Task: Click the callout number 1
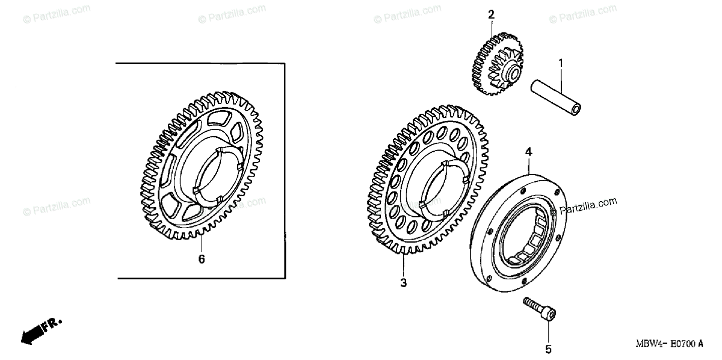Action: tap(561, 63)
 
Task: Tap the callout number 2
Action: tap(492, 14)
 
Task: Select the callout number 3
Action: tap(404, 282)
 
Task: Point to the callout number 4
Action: tap(528, 153)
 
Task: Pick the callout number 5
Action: tap(548, 349)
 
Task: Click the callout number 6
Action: tap(202, 259)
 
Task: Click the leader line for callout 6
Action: tap(201, 244)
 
